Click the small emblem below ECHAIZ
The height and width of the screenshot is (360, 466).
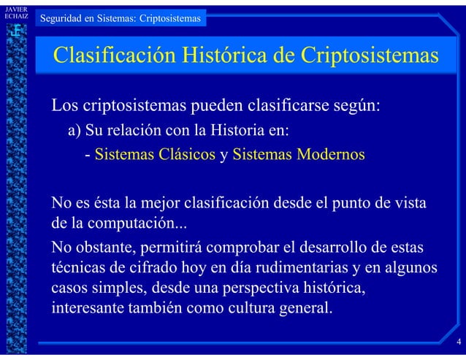click(x=15, y=31)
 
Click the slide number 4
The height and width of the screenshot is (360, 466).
click(x=458, y=342)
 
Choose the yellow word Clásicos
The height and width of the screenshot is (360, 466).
click(x=183, y=156)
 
